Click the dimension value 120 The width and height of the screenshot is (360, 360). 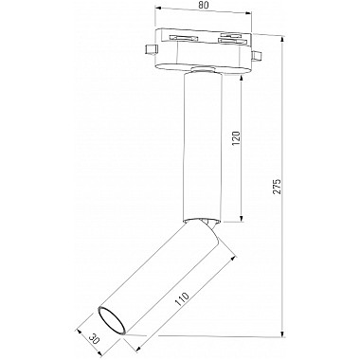[237, 137]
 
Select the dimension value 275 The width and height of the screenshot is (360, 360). [277, 187]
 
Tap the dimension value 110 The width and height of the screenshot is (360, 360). [183, 298]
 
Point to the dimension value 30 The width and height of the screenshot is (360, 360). [94, 338]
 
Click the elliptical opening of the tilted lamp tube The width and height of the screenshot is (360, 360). [112, 320]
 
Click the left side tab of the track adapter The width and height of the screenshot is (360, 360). [151, 50]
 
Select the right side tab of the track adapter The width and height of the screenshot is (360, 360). [257, 56]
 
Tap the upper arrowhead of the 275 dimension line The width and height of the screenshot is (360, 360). [283, 41]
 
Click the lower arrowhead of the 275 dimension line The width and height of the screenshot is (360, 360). [283, 333]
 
